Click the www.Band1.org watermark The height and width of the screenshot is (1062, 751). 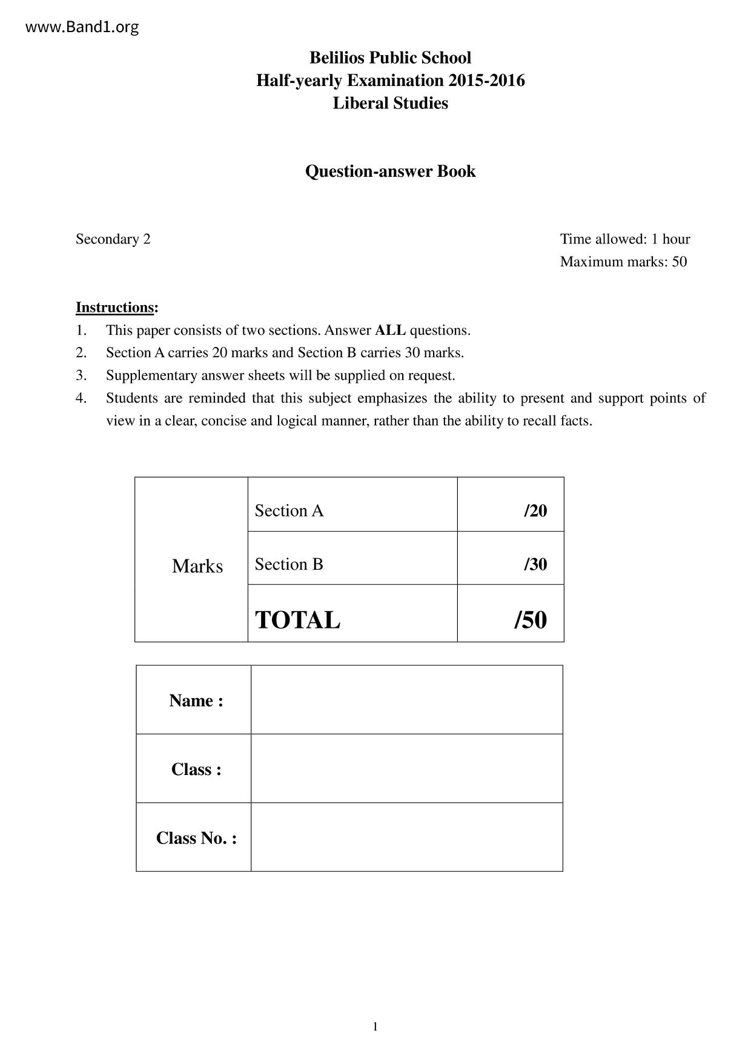[x=82, y=27]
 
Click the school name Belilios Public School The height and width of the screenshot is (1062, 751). [x=390, y=58]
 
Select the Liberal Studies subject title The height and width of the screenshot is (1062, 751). [x=390, y=103]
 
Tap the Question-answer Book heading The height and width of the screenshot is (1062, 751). [x=390, y=171]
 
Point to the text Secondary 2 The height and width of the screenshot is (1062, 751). [x=113, y=239]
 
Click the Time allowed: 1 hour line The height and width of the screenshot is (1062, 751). [x=624, y=239]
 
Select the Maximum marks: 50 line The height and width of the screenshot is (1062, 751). [x=623, y=262]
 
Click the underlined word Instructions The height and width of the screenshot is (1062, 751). [x=114, y=308]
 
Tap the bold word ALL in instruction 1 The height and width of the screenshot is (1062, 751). [x=390, y=331]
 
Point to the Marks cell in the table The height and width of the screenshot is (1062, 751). [x=197, y=566]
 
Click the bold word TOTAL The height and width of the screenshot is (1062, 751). [x=297, y=620]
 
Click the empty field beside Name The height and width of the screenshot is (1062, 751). [x=406, y=700]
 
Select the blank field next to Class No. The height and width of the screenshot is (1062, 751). [x=406, y=837]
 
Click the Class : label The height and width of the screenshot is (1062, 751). [x=196, y=769]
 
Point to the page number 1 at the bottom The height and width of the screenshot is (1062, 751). [x=375, y=1026]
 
